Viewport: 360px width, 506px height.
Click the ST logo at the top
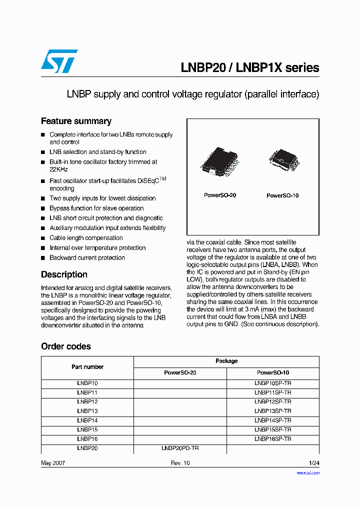(x=59, y=61)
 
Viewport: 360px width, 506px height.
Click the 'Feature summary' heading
(x=76, y=121)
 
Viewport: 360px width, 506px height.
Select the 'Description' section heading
(x=64, y=274)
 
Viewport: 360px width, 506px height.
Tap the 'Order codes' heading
(x=66, y=346)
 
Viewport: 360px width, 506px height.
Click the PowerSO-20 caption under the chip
(x=220, y=195)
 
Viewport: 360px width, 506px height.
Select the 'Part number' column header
(x=87, y=367)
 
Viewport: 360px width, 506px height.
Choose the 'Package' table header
(x=226, y=361)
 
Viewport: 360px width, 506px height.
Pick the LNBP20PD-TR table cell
(x=180, y=448)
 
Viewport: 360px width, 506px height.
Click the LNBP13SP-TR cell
(x=273, y=410)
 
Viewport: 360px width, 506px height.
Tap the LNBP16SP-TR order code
(x=273, y=439)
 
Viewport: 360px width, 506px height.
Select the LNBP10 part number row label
(x=87, y=383)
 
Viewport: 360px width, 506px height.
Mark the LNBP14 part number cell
(x=87, y=420)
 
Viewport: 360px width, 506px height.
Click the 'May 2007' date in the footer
(x=53, y=463)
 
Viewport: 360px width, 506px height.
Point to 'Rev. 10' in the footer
(x=180, y=463)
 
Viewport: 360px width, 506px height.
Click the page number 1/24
(x=313, y=463)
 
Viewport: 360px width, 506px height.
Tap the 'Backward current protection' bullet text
(x=87, y=258)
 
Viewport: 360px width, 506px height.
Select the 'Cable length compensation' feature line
(x=86, y=238)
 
